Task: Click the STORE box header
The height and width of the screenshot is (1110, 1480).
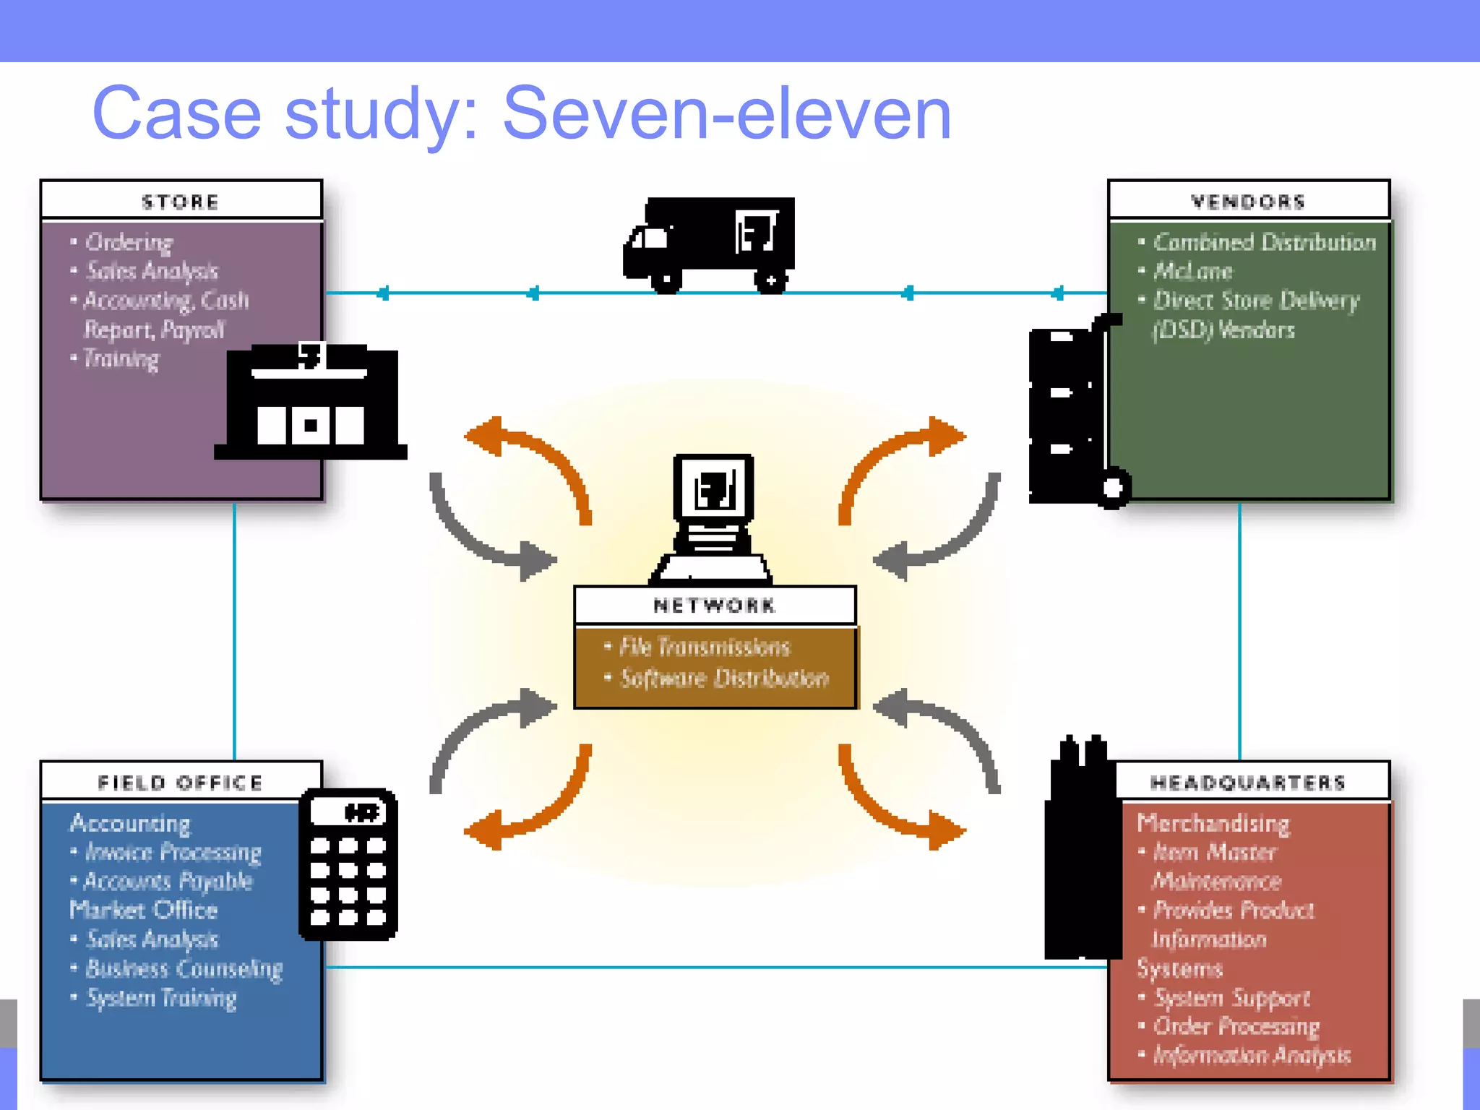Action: point(181,201)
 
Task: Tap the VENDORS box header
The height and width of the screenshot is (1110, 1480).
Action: point(1248,201)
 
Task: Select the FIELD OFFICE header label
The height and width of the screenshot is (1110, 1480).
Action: point(181,783)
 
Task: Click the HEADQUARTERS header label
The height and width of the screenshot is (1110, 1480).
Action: point(1248,783)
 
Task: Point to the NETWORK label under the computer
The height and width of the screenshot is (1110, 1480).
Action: point(714,606)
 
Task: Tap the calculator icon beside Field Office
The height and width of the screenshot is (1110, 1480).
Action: point(348,864)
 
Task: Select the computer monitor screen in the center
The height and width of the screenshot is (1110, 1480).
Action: point(714,489)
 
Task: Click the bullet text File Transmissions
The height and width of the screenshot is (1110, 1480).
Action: point(705,646)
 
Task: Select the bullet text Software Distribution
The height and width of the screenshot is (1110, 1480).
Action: point(724,678)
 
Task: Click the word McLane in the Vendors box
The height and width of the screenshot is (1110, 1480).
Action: point(1192,271)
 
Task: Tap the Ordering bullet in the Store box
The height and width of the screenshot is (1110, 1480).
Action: point(129,242)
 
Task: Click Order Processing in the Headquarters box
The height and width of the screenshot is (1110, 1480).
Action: point(1236,1026)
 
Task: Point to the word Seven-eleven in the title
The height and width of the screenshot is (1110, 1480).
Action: point(726,113)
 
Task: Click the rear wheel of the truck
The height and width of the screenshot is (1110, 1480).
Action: point(771,280)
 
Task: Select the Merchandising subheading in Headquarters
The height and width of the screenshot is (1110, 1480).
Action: point(1213,823)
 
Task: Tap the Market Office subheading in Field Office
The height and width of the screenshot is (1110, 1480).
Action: point(144,910)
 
